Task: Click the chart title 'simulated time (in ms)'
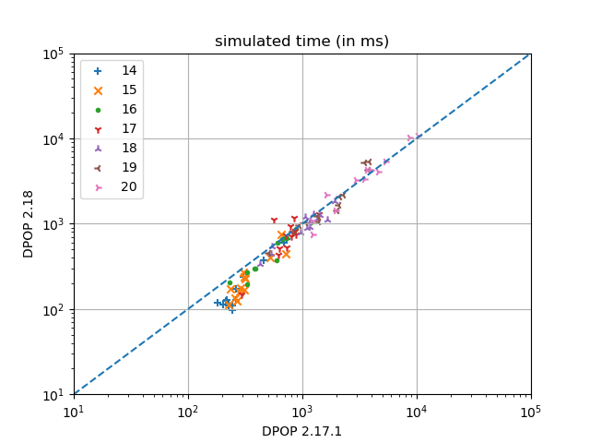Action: click(x=301, y=42)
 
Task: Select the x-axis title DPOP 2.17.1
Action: click(x=301, y=430)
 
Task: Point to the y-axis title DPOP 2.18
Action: click(x=29, y=224)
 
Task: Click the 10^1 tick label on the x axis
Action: click(x=74, y=411)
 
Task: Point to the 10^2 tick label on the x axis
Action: click(x=188, y=411)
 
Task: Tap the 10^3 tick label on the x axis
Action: click(x=302, y=411)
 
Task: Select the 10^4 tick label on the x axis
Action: click(x=417, y=411)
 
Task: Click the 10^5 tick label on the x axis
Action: click(x=531, y=411)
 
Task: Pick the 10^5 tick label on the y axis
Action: click(x=52, y=54)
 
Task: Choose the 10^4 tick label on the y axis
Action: click(x=52, y=138)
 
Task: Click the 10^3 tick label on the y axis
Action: click(x=52, y=224)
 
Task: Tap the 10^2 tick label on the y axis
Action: click(x=52, y=309)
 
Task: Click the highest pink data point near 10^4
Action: click(x=411, y=138)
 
